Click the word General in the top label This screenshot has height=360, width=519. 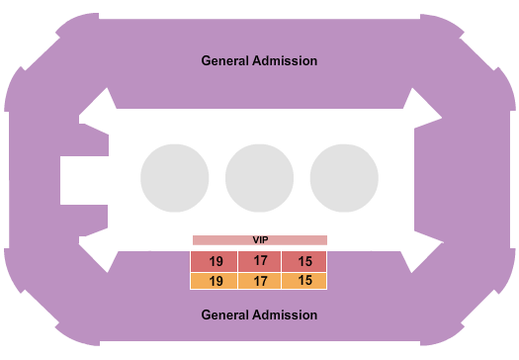(x=226, y=60)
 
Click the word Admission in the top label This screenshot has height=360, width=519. (x=286, y=60)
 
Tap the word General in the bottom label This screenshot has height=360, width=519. (x=226, y=315)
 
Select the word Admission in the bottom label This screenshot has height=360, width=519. (x=286, y=315)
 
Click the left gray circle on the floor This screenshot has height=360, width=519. (x=175, y=178)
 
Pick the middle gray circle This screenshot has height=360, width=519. (x=260, y=178)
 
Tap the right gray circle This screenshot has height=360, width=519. (x=344, y=178)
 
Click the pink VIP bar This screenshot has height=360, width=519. (x=260, y=239)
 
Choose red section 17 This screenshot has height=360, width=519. (x=260, y=262)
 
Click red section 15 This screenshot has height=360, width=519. (x=304, y=262)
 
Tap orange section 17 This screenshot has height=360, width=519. (x=260, y=281)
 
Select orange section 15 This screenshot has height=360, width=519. (x=304, y=281)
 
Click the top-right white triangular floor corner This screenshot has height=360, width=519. (x=420, y=110)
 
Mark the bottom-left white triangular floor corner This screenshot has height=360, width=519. (x=98, y=251)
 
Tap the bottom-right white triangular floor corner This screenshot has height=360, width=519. (x=420, y=251)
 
